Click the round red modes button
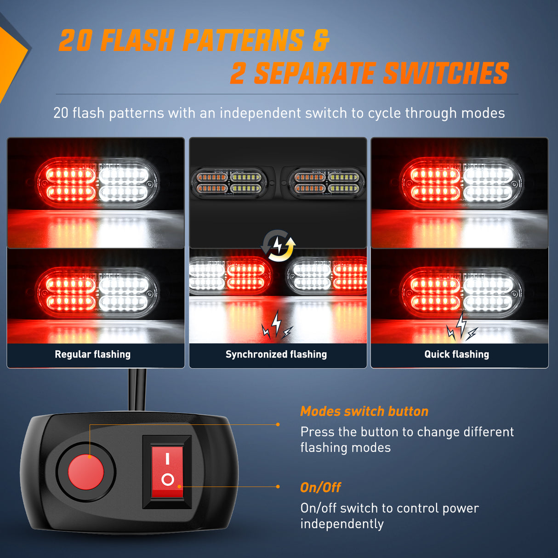pyautogui.click(x=86, y=472)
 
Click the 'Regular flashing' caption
pyautogui.click(x=92, y=354)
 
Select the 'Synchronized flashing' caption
pyautogui.click(x=276, y=354)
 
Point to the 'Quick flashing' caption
pyautogui.click(x=456, y=354)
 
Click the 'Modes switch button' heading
pyautogui.click(x=364, y=411)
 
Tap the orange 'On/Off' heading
pyautogui.click(x=320, y=487)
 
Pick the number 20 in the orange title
pyautogui.click(x=76, y=41)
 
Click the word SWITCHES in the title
pyautogui.click(x=446, y=74)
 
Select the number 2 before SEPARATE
pyautogui.click(x=238, y=74)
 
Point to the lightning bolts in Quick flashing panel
pyautogui.click(x=461, y=328)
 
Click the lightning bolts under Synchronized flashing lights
pyautogui.click(x=277, y=325)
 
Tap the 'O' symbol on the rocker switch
pyautogui.click(x=168, y=480)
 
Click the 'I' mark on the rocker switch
pyautogui.click(x=167, y=458)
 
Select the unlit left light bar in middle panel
pyautogui.click(x=229, y=182)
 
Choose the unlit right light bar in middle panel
pyautogui.click(x=326, y=182)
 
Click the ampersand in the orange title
pyautogui.click(x=321, y=40)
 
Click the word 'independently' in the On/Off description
pyautogui.click(x=342, y=524)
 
